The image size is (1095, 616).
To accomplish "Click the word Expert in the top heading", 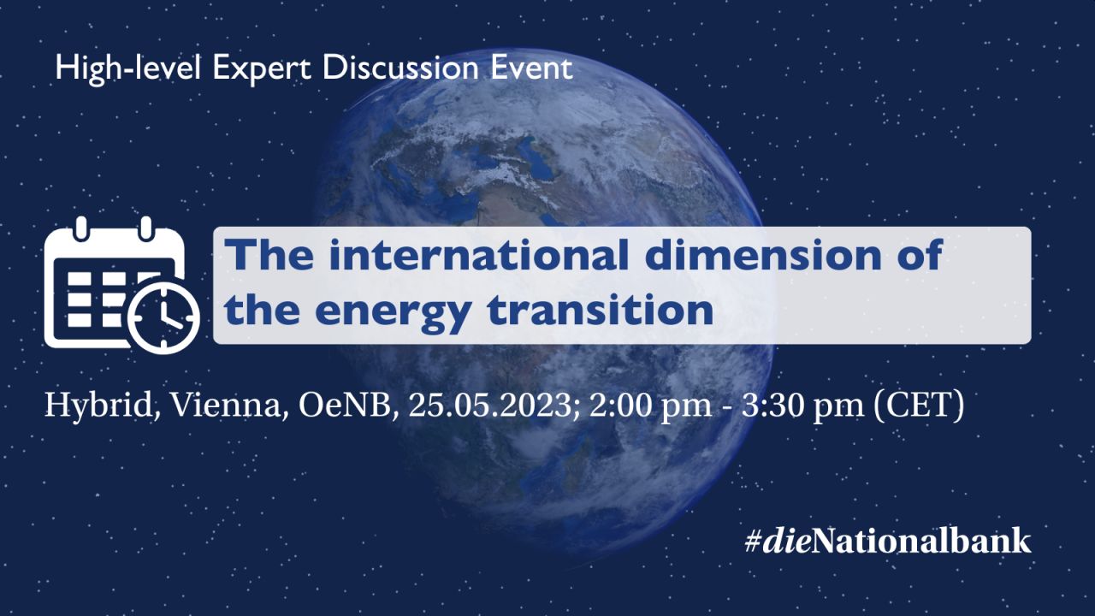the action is point(262,69).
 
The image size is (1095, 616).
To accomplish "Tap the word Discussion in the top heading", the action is point(400,68).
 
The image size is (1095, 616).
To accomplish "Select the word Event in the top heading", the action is point(531,68).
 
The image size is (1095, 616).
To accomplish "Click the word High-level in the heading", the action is point(128,69).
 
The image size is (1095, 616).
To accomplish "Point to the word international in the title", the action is point(478,255).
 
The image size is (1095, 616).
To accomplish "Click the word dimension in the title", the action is point(764,255).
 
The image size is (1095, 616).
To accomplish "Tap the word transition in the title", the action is point(601,310).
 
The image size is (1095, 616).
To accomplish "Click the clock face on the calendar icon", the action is point(163,317).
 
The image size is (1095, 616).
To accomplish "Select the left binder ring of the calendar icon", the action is point(81,228).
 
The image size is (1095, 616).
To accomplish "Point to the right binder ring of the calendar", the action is point(145,228).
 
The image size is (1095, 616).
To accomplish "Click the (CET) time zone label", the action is point(919,406).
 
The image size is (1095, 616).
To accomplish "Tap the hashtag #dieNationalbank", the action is point(888,542).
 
